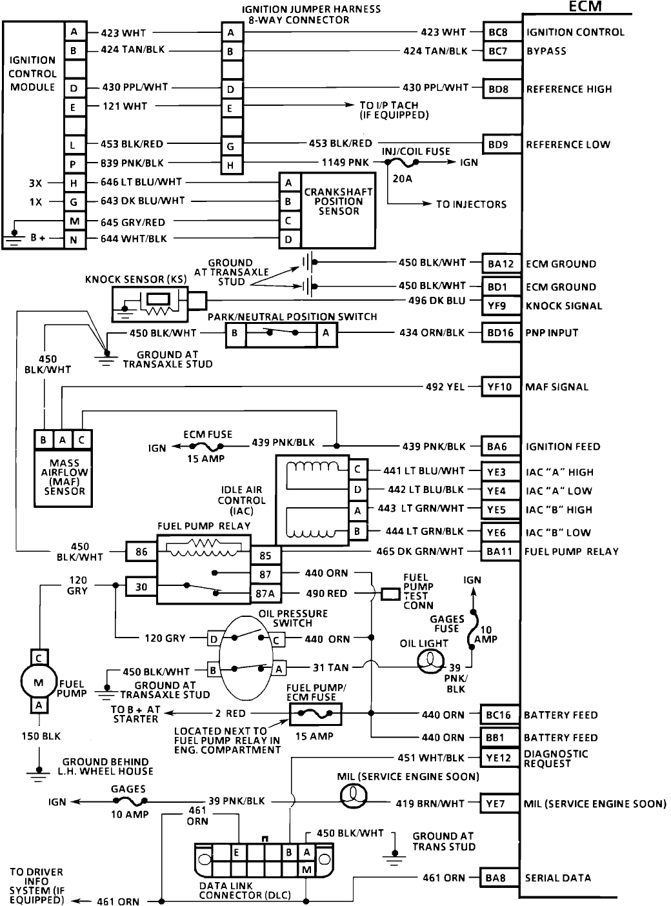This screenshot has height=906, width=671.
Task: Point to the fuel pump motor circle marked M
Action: click(x=39, y=681)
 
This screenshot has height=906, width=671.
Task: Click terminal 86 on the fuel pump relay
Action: click(x=141, y=552)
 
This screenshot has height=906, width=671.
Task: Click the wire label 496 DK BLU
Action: click(x=436, y=301)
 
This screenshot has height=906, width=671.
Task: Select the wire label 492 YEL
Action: click(x=445, y=387)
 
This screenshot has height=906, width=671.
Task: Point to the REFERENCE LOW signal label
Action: click(x=568, y=145)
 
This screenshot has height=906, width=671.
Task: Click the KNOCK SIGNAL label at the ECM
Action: click(x=564, y=306)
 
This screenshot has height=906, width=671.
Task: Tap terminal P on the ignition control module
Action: click(x=74, y=164)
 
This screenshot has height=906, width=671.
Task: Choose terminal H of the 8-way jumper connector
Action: click(x=230, y=166)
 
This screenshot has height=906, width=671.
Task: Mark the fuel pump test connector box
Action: click(x=390, y=594)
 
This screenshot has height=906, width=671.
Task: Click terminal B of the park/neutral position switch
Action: click(x=235, y=334)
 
